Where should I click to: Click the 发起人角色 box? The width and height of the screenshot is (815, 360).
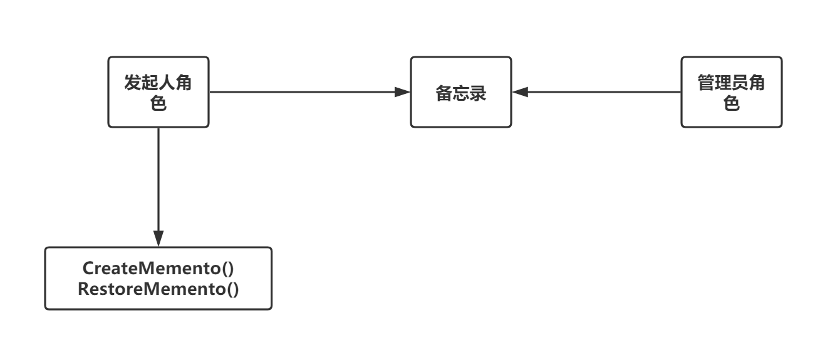(158, 92)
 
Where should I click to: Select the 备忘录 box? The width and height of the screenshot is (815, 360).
(461, 92)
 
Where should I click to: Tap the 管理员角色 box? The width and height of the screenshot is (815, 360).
(732, 92)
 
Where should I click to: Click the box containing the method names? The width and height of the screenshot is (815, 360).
(158, 279)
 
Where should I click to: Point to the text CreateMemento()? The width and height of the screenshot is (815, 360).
(158, 269)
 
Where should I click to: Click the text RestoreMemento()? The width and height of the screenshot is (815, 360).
(158, 289)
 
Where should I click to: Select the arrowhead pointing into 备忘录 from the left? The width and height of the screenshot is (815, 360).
(402, 92)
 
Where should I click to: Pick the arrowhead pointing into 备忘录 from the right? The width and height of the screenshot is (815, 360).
(521, 92)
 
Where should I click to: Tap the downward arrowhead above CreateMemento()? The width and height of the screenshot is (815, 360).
(158, 239)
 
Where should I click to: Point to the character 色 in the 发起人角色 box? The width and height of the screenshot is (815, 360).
(158, 103)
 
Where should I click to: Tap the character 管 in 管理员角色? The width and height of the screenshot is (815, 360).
(706, 82)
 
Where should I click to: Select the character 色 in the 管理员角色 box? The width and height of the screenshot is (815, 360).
(732, 103)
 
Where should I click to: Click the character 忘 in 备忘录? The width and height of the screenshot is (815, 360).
(461, 93)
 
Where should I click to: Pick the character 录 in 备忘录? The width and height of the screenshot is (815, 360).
(478, 93)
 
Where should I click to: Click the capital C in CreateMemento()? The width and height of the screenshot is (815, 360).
(88, 269)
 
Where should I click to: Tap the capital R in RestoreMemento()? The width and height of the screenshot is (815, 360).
(84, 289)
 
